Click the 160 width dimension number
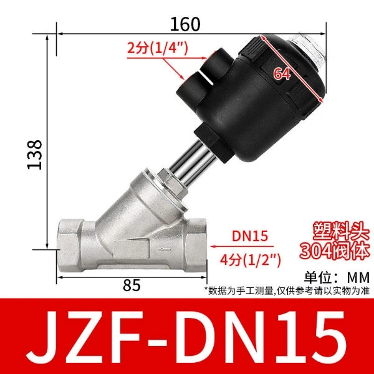pyautogui.click(x=185, y=24)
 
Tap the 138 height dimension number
pyautogui.click(x=34, y=155)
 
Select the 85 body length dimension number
pyautogui.click(x=132, y=285)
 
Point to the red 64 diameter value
pyautogui.click(x=282, y=74)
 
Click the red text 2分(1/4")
pyautogui.click(x=158, y=48)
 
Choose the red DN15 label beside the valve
pyautogui.click(x=250, y=236)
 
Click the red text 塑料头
pyautogui.click(x=341, y=231)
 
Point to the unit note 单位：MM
pyautogui.click(x=337, y=277)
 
